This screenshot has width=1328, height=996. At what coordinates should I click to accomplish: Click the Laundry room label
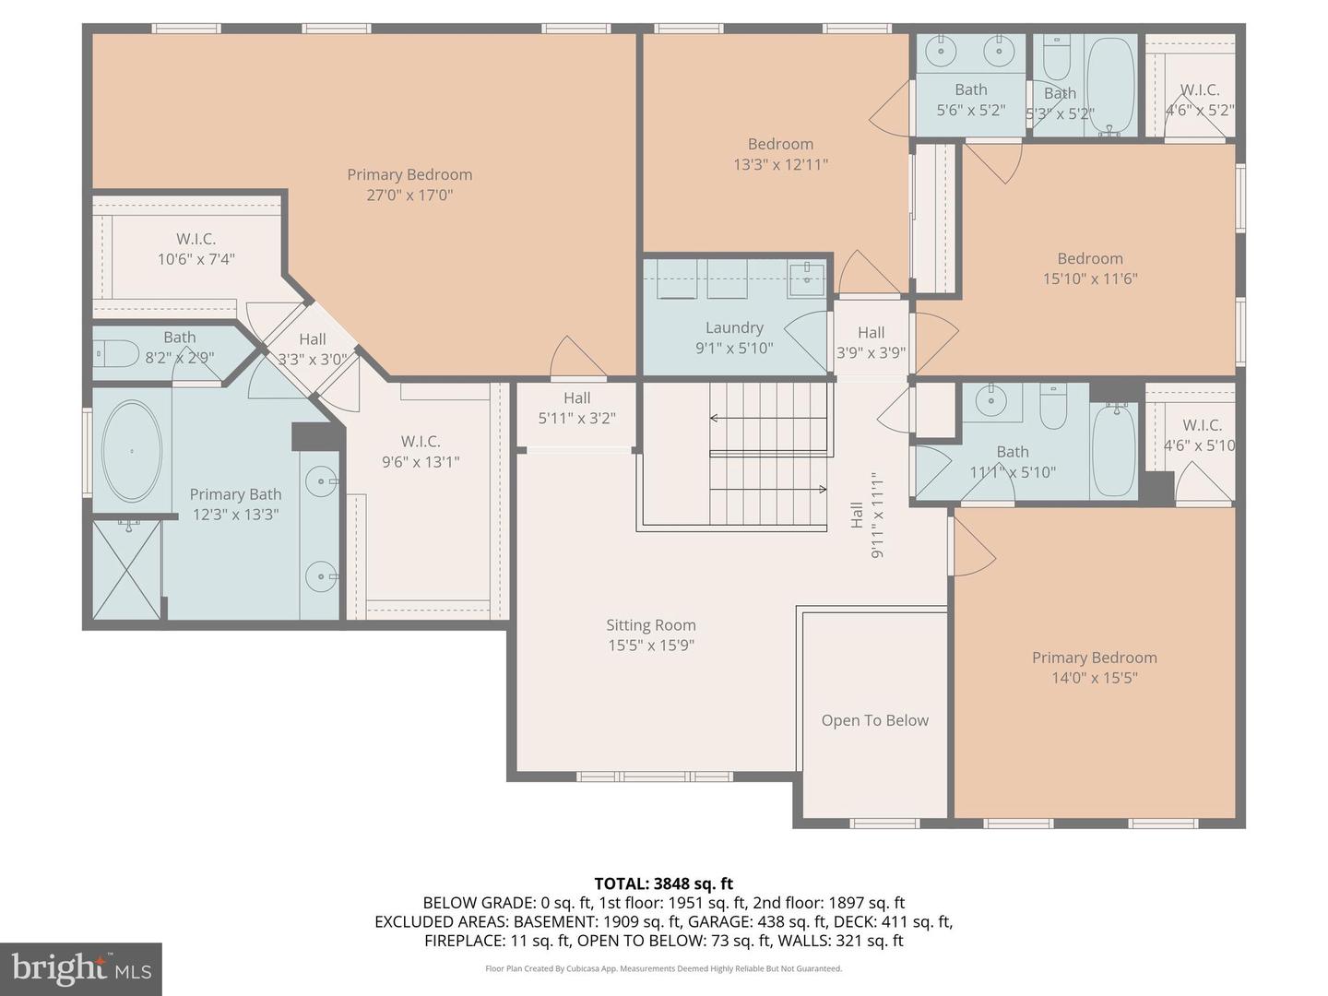pos(734,328)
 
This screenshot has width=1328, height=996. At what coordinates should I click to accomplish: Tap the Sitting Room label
pos(650,625)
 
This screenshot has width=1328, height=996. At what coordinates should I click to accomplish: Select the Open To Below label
pos(874,720)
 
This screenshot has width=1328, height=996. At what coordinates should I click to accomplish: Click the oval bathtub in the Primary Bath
pos(132,451)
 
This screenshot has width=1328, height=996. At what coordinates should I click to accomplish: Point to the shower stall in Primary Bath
pos(126,570)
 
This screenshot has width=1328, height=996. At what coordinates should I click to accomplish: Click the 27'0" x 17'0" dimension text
pos(409,195)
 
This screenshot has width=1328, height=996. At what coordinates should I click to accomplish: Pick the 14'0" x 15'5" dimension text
pos(1094,678)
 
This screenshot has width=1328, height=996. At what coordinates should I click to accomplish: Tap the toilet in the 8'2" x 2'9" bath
pos(115,353)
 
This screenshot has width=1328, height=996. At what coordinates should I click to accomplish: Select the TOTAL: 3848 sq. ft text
pos(663,883)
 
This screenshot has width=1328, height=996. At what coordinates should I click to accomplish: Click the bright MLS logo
pos(81,968)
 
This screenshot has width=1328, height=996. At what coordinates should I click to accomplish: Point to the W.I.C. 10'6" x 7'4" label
pos(196,249)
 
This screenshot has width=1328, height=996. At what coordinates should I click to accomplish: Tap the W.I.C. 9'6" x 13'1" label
pos(421,452)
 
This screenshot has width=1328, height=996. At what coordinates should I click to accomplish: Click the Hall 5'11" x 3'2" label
pos(576,408)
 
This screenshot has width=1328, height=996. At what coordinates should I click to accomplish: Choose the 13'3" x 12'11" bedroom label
pos(780,154)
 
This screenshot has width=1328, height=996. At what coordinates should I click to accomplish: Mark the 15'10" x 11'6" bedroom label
pos(1090,268)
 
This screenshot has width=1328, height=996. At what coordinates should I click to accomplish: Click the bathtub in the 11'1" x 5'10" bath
pos(1114,451)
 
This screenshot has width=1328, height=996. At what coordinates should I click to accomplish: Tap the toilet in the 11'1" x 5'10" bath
pos(1053,406)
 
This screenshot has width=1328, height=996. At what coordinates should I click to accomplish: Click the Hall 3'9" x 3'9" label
pos(871,342)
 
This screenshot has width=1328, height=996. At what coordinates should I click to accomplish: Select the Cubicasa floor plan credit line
pos(663,968)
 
